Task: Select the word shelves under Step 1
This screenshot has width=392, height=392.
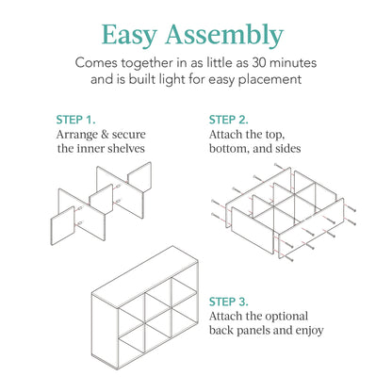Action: click(x=122, y=151)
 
